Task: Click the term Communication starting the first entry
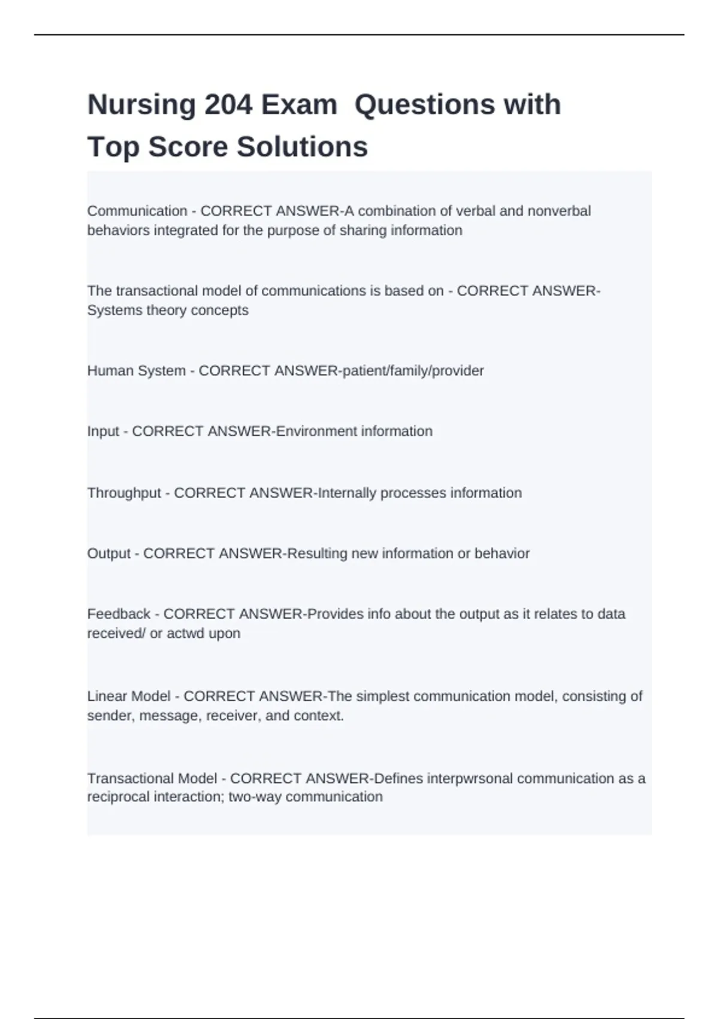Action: [137, 211]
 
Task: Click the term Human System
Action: [136, 371]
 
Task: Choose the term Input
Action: [103, 432]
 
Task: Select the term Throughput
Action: [124, 493]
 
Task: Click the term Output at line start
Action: [108, 553]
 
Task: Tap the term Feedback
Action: [119, 614]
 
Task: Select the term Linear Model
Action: [129, 697]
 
